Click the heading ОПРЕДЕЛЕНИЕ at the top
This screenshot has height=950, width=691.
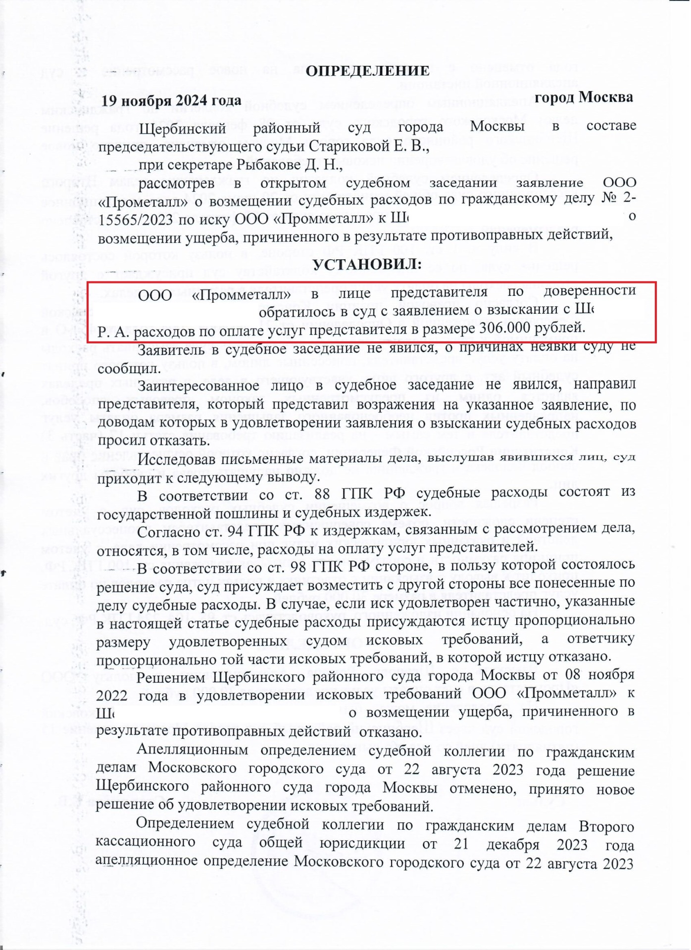tap(367, 71)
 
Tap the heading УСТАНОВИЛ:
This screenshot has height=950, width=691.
tap(367, 264)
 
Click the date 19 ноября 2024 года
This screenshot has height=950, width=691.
tap(171, 100)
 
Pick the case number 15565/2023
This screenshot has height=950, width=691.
tap(136, 220)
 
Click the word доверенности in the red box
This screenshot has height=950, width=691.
tap(590, 290)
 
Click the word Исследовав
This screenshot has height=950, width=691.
tap(170, 459)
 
